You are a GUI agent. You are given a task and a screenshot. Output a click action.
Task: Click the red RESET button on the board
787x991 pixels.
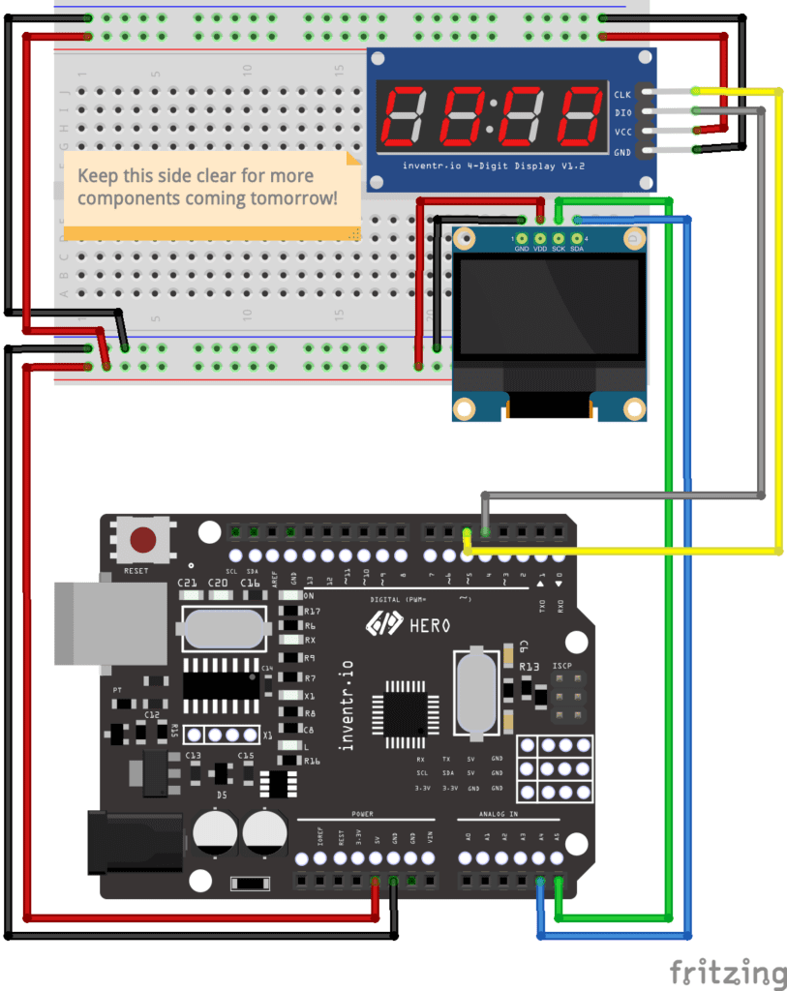pos(143,540)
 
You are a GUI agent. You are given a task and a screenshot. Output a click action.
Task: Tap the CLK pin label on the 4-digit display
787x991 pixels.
pos(622,94)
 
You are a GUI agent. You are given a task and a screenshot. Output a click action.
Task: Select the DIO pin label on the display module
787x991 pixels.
pos(622,113)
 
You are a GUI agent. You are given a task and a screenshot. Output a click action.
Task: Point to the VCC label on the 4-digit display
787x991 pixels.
pos(622,133)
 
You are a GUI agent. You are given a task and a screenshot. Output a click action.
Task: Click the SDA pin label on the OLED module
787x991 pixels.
pos(577,249)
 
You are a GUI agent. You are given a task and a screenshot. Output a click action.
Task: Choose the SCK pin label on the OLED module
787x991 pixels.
pos(559,249)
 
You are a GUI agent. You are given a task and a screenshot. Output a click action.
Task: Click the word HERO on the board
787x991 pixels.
pos(430,626)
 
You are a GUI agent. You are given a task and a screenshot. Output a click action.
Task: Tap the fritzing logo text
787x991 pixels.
pos(727,972)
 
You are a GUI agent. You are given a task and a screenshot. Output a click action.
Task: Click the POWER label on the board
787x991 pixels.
pos(362,815)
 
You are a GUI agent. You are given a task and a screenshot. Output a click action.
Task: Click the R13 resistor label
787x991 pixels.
pos(530,667)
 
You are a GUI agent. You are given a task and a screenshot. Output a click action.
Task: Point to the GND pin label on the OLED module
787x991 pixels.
pos(522,249)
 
